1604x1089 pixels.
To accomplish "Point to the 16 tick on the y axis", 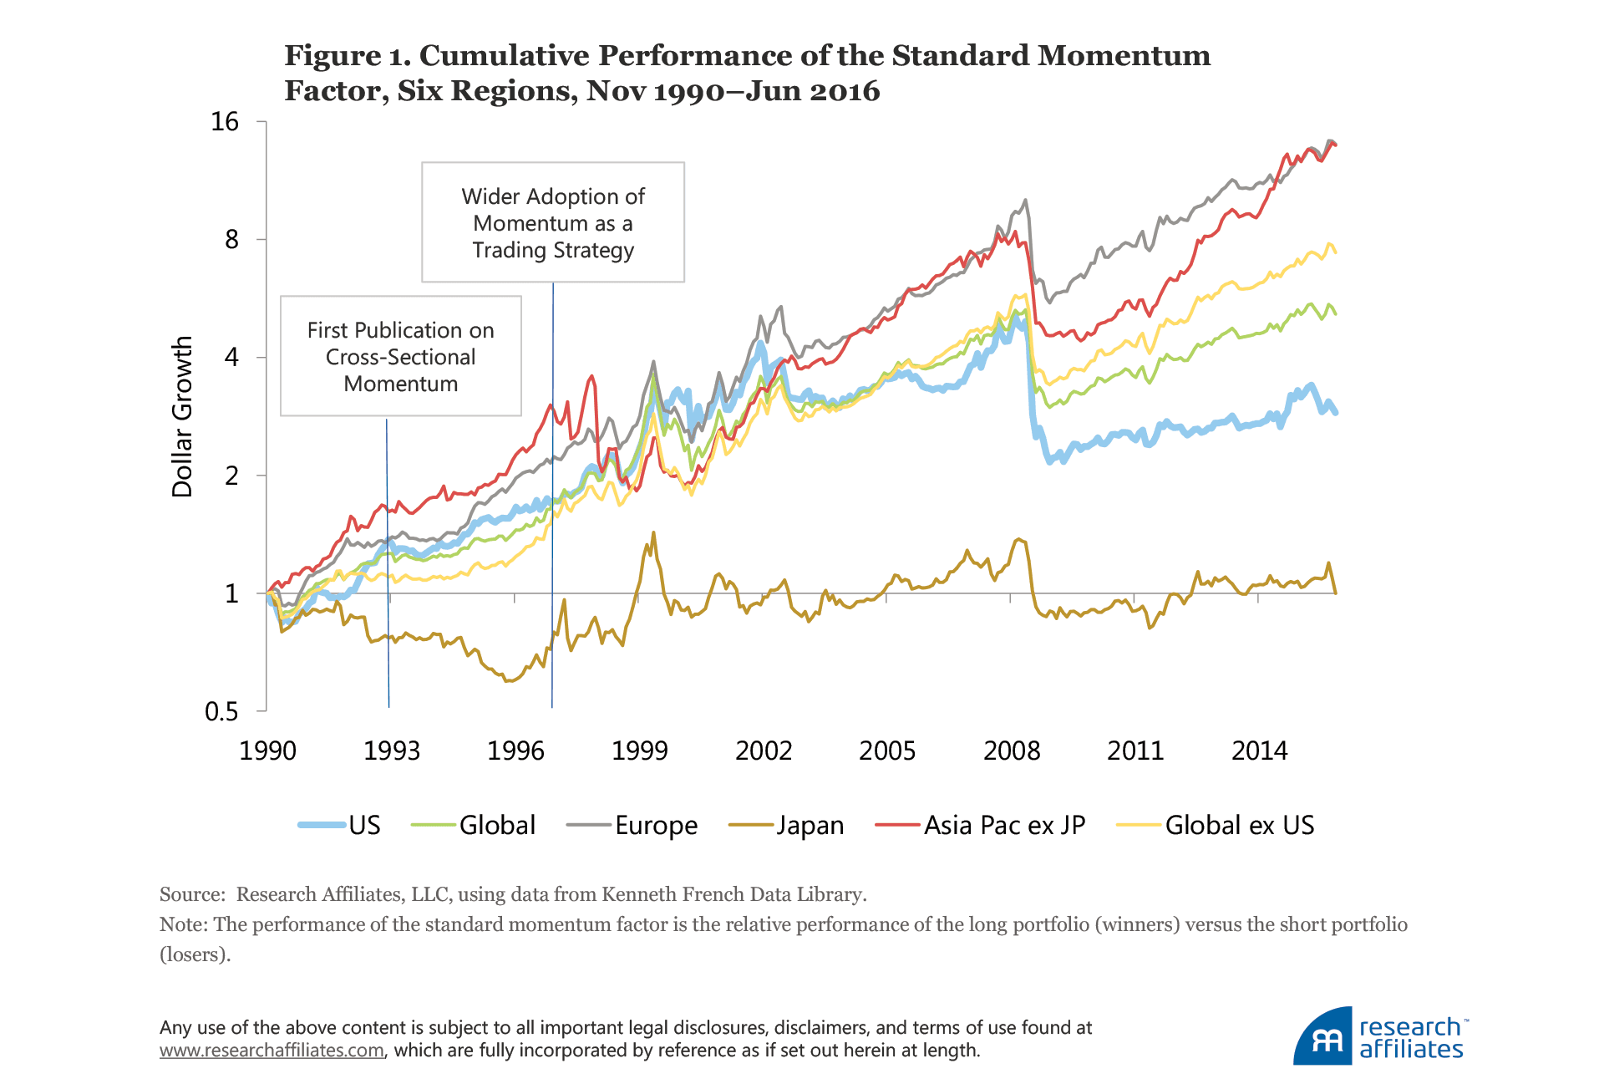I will [x=225, y=122].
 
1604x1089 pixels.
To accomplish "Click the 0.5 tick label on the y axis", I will [x=221, y=711].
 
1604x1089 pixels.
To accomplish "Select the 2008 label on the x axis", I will [x=1011, y=751].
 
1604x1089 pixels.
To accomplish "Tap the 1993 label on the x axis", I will [x=391, y=751].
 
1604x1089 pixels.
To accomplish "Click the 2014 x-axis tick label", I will [x=1259, y=751].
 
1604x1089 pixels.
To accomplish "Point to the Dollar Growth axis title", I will [x=182, y=416].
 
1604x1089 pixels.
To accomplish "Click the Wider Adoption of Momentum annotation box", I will [x=553, y=222].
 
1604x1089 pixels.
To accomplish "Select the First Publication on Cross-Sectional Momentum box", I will [x=401, y=356].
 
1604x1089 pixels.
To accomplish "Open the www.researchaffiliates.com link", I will [x=272, y=1051].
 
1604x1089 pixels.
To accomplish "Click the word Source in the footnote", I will [x=190, y=894].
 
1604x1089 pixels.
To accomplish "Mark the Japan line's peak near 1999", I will [x=653, y=532].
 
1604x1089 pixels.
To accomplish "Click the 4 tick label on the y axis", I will [x=231, y=358].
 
